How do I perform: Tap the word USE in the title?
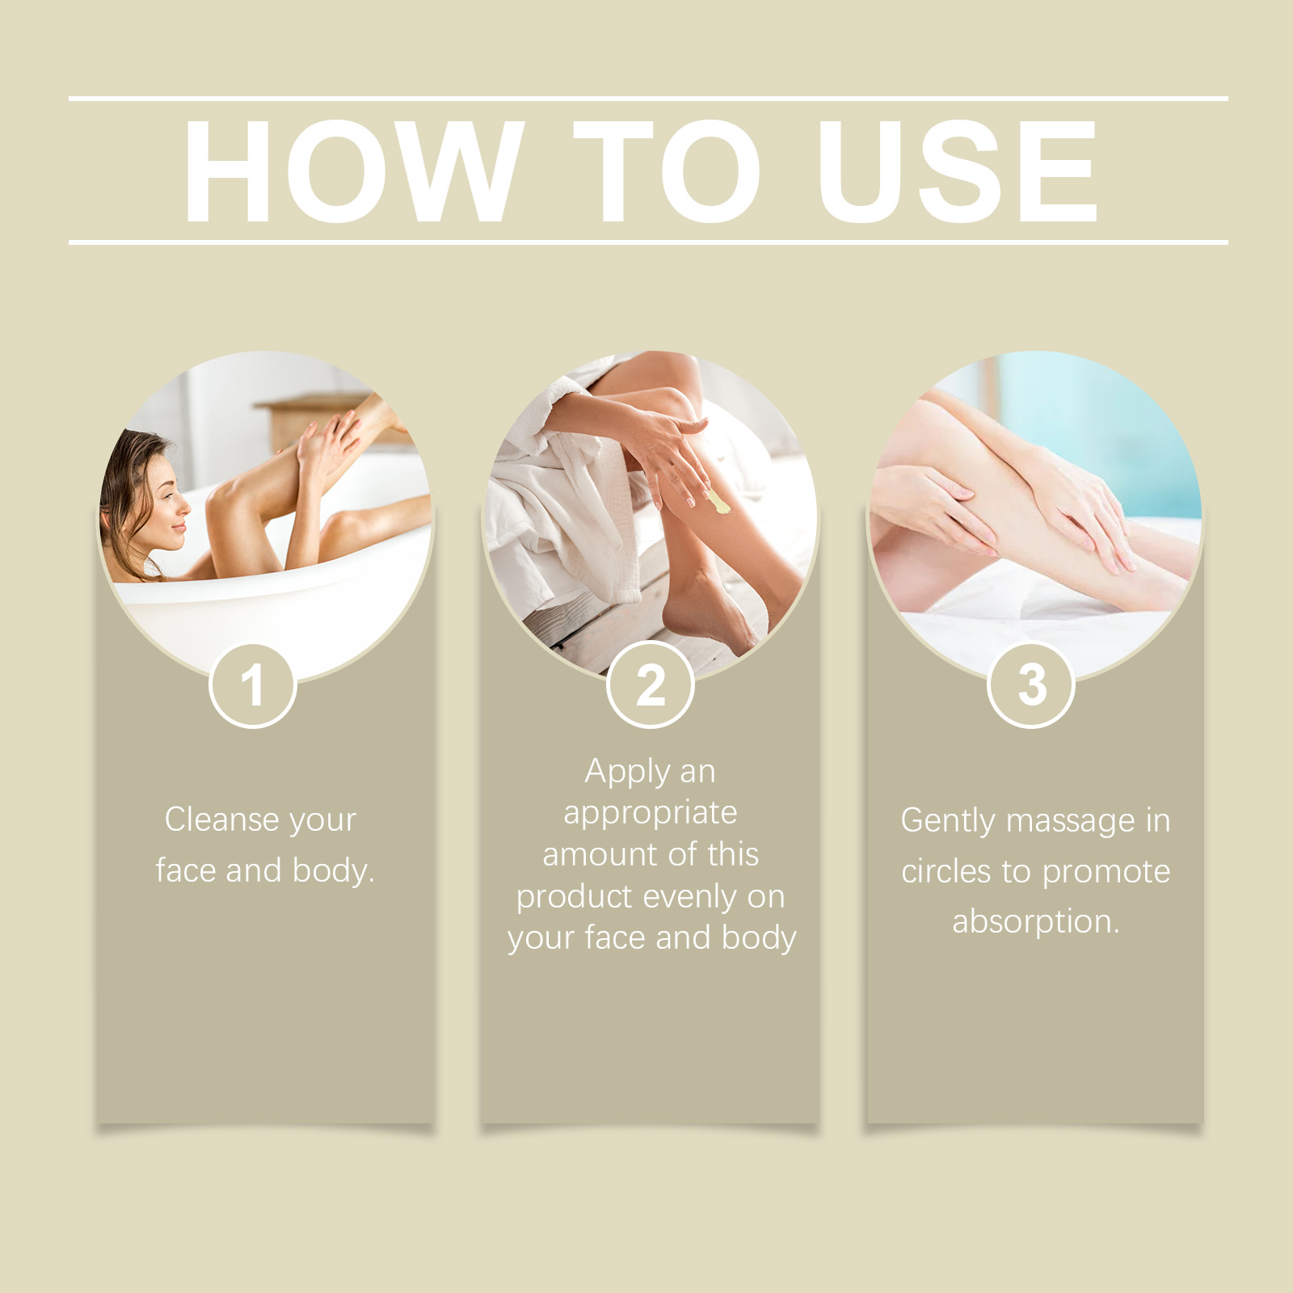958,171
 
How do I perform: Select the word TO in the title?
667,171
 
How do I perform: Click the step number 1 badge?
253,686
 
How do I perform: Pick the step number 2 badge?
650,685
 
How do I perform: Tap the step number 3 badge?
1031,685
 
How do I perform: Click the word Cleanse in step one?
222,819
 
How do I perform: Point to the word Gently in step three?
948,822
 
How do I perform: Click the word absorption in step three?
1036,922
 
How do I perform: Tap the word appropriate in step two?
651,814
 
